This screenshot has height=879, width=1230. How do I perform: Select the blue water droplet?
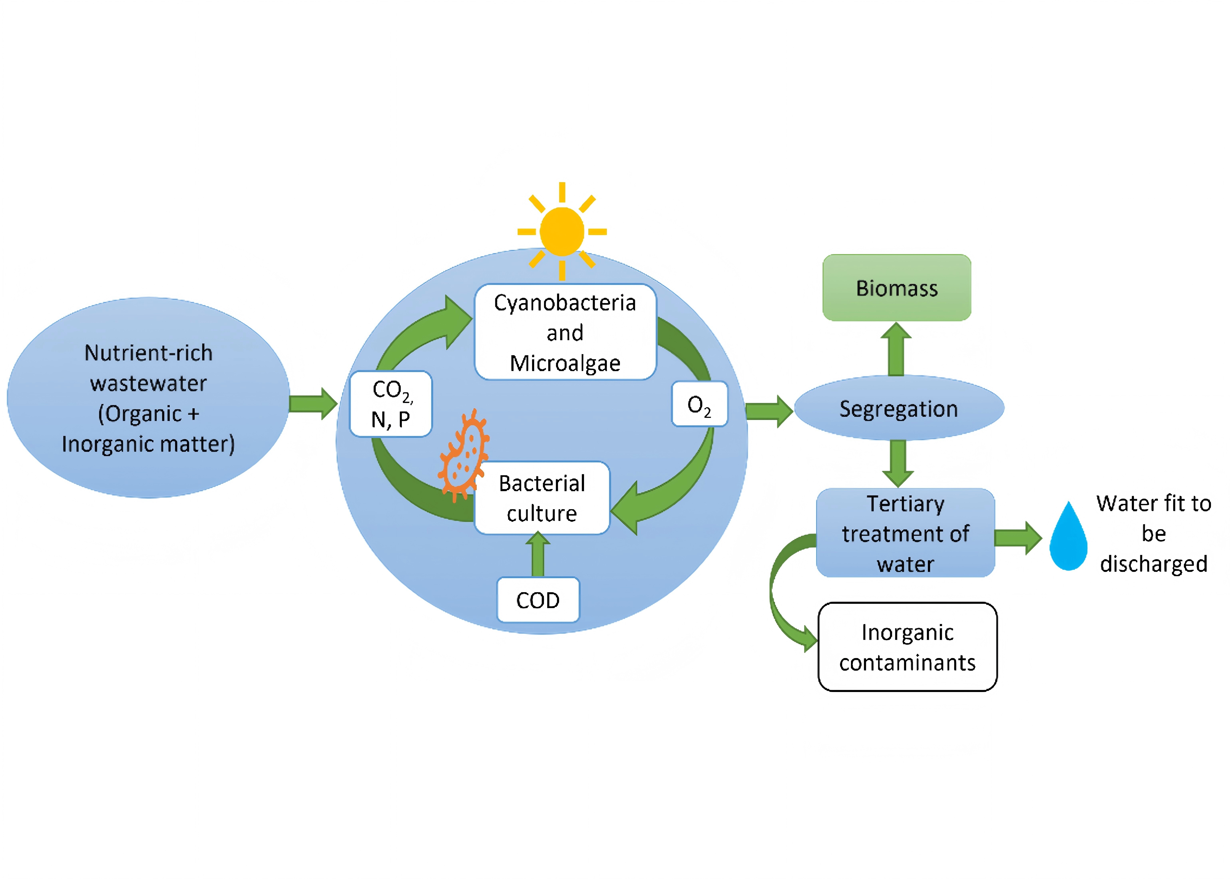click(x=1068, y=539)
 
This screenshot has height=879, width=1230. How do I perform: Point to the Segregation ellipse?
click(x=899, y=408)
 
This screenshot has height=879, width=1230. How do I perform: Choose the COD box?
click(x=538, y=600)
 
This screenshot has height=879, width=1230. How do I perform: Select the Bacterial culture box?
click(x=542, y=498)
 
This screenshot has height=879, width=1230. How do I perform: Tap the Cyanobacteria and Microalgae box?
click(x=565, y=332)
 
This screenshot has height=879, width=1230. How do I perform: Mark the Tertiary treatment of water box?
click(x=905, y=533)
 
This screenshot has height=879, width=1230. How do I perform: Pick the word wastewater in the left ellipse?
click(x=148, y=383)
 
